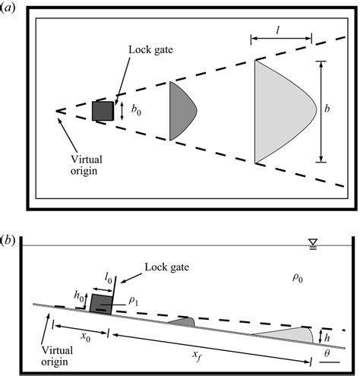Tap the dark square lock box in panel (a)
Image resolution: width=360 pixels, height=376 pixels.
[102, 111]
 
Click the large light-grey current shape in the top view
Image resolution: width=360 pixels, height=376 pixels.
[281, 112]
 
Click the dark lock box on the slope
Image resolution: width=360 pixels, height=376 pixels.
[101, 304]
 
